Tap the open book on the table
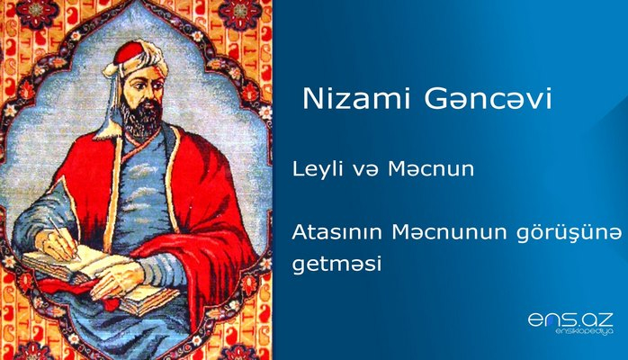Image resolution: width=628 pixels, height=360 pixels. coord(81,274)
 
